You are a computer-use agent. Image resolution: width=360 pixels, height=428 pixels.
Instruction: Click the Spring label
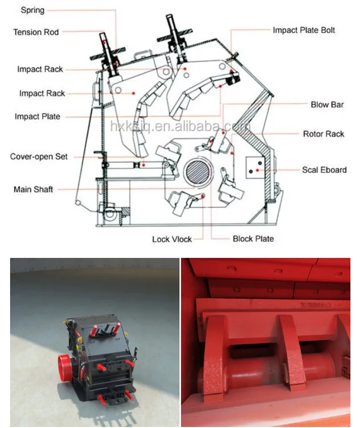(32, 11)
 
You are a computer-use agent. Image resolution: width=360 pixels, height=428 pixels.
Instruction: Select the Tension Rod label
(36, 32)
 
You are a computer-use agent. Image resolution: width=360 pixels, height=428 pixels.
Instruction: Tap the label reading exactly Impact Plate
(37, 117)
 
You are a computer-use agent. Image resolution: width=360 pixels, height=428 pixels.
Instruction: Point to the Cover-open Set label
(39, 156)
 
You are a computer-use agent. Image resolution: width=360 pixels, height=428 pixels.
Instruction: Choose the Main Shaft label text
(33, 189)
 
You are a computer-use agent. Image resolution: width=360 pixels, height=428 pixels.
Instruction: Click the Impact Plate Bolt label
(304, 30)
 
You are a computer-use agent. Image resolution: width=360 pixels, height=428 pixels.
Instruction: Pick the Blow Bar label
(327, 104)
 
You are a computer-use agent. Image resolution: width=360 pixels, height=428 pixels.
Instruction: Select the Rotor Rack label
(324, 134)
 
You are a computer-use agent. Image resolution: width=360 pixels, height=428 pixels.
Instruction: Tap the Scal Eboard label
(324, 170)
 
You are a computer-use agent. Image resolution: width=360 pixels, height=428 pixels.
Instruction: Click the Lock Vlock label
(172, 239)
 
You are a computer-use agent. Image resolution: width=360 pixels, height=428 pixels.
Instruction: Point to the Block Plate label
(253, 239)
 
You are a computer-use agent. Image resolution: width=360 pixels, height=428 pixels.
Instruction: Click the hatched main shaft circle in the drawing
(198, 172)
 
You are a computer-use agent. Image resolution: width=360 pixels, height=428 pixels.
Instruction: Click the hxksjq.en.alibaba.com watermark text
(181, 126)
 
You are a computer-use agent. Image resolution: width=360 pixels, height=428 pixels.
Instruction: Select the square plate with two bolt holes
(255, 168)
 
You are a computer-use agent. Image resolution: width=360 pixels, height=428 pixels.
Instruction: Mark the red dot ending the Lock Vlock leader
(203, 196)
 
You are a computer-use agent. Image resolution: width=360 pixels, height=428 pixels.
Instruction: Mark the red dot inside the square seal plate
(257, 170)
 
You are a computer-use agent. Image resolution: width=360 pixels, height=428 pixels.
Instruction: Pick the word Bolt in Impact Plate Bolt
(328, 30)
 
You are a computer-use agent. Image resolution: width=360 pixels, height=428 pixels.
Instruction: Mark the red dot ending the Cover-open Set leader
(144, 165)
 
